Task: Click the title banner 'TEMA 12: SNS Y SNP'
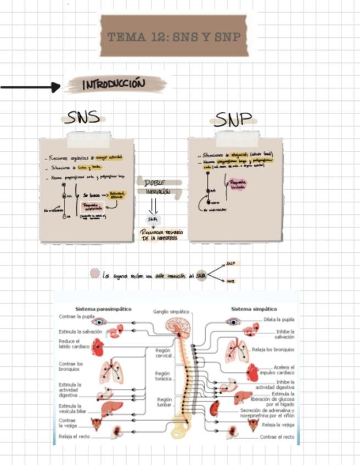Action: pyautogui.click(x=175, y=37)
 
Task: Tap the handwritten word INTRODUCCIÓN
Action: pyautogui.click(x=115, y=84)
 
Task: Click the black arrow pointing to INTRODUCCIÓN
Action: pyautogui.click(x=31, y=87)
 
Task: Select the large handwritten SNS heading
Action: pyautogui.click(x=82, y=117)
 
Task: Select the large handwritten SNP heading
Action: pyautogui.click(x=233, y=120)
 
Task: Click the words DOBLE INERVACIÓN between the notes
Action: pyautogui.click(x=154, y=187)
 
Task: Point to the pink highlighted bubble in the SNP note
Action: pyautogui.click(x=238, y=184)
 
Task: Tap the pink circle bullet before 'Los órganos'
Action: pyautogui.click(x=94, y=273)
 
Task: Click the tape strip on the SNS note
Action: pyautogui.click(x=88, y=139)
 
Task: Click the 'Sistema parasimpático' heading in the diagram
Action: pyautogui.click(x=103, y=309)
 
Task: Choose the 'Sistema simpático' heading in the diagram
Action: pyautogui.click(x=254, y=309)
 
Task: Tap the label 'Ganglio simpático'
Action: pyautogui.click(x=171, y=311)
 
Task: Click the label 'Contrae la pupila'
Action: pyautogui.click(x=77, y=317)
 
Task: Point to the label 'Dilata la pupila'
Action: pyautogui.click(x=279, y=319)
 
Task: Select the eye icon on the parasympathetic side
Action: pyautogui.click(x=99, y=322)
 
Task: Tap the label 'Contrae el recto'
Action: pyautogui.click(x=277, y=437)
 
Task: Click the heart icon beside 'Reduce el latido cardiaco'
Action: pyautogui.click(x=98, y=346)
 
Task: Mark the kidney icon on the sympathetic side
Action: pyautogui.click(x=215, y=408)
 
